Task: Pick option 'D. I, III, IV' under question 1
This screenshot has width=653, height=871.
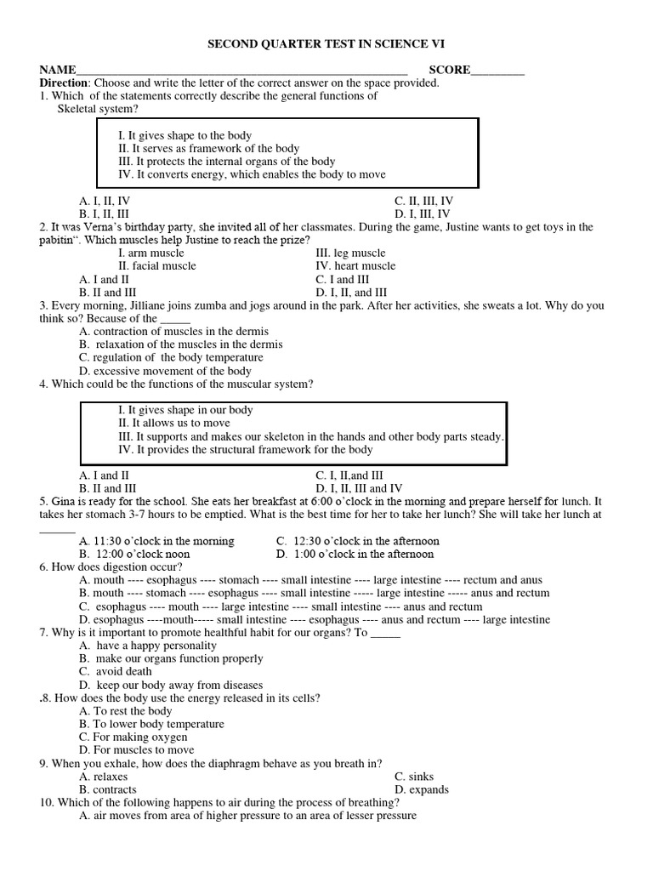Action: tap(422, 214)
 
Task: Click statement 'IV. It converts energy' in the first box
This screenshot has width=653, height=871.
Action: tap(252, 174)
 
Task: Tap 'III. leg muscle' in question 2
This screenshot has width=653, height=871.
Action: tap(350, 253)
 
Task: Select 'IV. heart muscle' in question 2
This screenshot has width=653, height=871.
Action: tap(355, 266)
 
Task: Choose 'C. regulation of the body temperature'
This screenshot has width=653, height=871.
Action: tap(171, 358)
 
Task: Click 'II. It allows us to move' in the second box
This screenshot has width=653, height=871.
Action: tap(173, 423)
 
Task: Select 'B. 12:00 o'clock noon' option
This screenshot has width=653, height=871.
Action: tap(134, 554)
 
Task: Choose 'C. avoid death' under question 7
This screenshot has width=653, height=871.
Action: tap(116, 672)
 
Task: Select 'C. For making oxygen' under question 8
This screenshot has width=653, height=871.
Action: tap(133, 737)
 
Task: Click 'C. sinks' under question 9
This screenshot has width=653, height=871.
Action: tap(414, 777)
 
